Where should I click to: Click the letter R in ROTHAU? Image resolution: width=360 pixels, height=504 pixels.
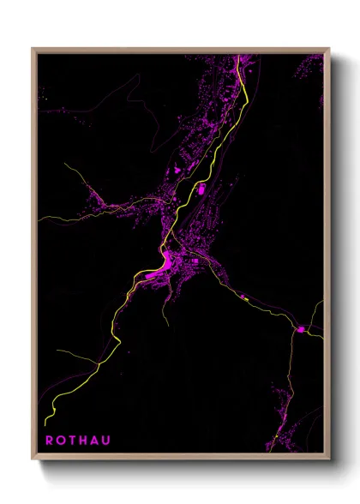49,441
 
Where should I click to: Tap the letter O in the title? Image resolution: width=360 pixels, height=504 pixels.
61,441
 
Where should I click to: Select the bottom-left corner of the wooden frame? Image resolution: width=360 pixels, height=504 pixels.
33,459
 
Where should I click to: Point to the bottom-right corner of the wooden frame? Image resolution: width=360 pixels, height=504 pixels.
328,459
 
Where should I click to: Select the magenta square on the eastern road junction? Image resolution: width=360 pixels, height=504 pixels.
301,328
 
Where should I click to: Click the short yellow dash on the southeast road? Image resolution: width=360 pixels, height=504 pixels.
243,298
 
